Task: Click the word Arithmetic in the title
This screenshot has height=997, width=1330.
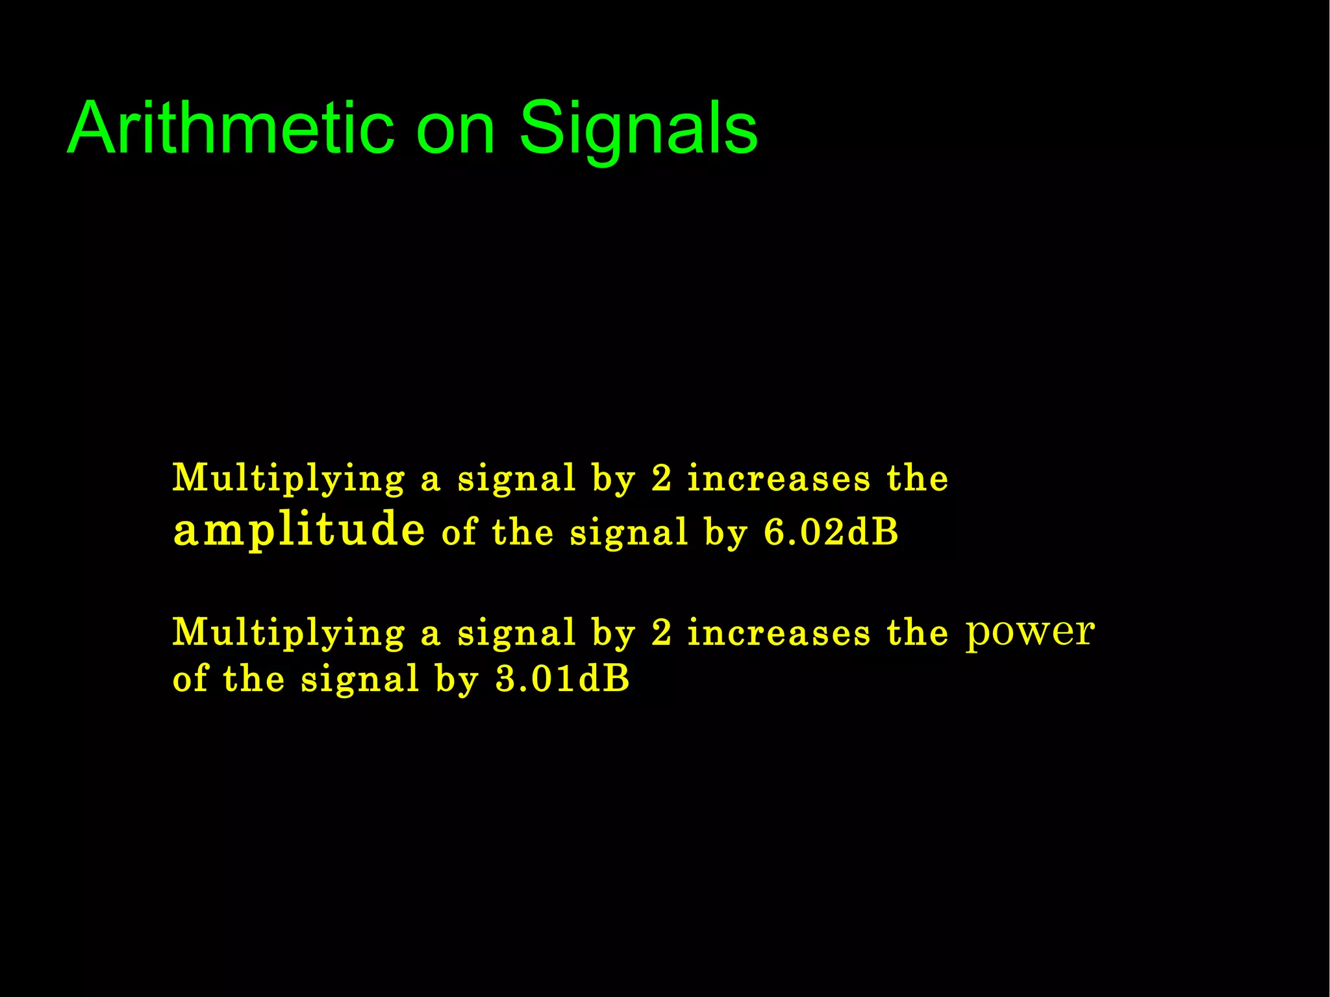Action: [x=231, y=128]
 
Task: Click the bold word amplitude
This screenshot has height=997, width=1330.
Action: [x=299, y=530]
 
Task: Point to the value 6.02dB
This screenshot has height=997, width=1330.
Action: [x=831, y=533]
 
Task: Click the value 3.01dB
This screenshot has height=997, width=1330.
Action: [x=562, y=679]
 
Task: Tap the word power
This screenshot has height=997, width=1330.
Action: [x=1030, y=632]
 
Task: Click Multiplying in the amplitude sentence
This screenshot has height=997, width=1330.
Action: [x=288, y=479]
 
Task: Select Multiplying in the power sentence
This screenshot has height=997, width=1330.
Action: [x=288, y=633]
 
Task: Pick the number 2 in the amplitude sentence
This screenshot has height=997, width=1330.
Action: [x=661, y=479]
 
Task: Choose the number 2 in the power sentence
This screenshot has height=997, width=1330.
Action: [x=661, y=633]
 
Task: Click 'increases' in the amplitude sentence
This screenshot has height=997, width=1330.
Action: [x=779, y=479]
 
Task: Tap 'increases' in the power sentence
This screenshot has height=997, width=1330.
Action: [x=779, y=633]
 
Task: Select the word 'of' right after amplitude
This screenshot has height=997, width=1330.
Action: [x=459, y=533]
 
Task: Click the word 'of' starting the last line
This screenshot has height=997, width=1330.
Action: [x=190, y=679]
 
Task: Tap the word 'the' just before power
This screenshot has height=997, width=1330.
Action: [x=917, y=633]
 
